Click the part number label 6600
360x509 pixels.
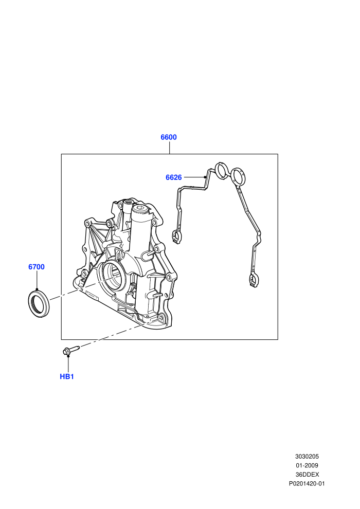169,137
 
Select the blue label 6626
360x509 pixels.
174,177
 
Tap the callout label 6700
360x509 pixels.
37,267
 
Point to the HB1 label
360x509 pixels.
67,376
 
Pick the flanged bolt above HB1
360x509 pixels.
71,350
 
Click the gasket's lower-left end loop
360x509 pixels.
176,237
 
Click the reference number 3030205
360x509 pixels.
307,457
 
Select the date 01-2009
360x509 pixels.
307,465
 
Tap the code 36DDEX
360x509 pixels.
307,475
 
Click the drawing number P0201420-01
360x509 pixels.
307,484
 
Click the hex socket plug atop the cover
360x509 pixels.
141,209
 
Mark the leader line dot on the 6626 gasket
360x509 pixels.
205,177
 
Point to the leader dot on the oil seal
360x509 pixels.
37,289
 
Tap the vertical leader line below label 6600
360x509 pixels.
169,148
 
